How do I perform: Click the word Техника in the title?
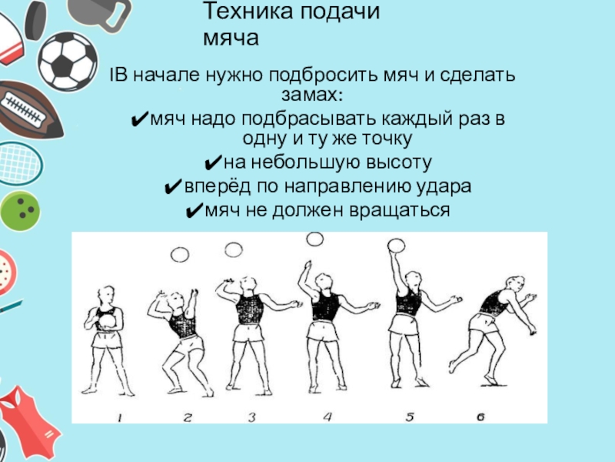[x=248, y=12]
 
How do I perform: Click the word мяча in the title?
[x=231, y=38]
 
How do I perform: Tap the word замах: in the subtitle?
[x=312, y=95]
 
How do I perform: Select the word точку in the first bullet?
[x=387, y=139]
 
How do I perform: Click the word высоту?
[x=398, y=162]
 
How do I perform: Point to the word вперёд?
[x=218, y=187]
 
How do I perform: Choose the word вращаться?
[x=399, y=211]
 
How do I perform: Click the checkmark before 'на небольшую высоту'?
[x=213, y=163]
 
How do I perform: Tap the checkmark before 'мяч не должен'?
[x=194, y=211]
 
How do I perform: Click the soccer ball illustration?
[x=68, y=62]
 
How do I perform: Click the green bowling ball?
[x=20, y=211]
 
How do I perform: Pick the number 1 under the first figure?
[x=120, y=417]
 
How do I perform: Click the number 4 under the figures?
[x=327, y=417]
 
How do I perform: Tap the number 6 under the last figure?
[x=481, y=417]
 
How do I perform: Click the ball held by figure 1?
[x=107, y=322]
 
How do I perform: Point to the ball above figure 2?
[x=180, y=255]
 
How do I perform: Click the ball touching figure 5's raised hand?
[x=396, y=245]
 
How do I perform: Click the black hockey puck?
[x=35, y=21]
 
